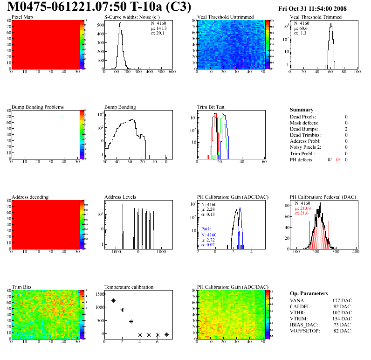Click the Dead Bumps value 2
click(346, 129)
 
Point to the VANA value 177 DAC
click(341, 300)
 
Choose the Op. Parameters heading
click(309, 293)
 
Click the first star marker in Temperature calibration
click(104, 294)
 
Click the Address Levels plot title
click(120, 197)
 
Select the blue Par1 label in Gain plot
click(206, 229)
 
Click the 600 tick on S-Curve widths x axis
click(172, 72)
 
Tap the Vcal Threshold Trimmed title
click(316, 17)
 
